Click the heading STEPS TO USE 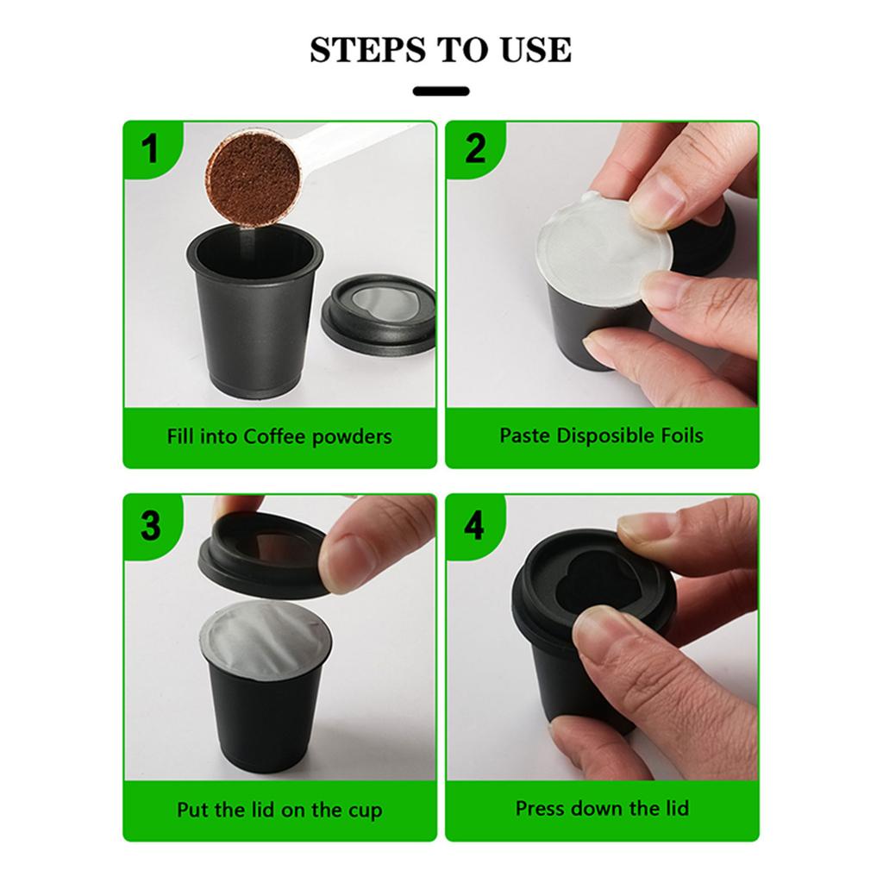pos(441,50)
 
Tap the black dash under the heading pos(441,91)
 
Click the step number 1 pos(150,149)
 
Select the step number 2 pos(475,149)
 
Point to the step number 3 pos(150,524)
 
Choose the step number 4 pos(474,524)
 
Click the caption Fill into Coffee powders pos(279,436)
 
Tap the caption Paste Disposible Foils pos(601,435)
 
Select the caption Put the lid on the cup pos(279,810)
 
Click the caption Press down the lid pos(602,809)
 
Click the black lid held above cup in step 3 pos(259,556)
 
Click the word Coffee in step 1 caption pos(275,436)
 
